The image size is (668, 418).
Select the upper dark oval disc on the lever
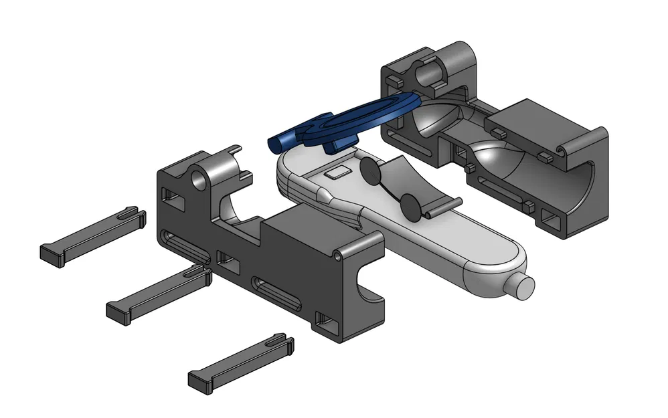pos(370,172)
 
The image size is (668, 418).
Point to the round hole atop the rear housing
pos(424,68)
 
